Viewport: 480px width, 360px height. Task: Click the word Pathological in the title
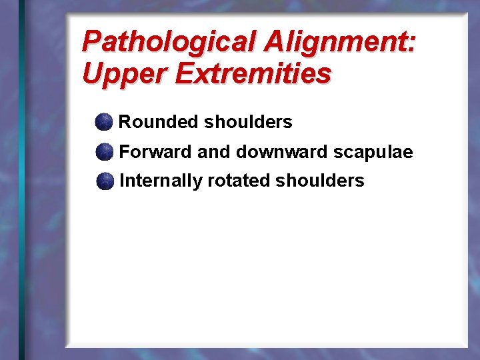[170, 42]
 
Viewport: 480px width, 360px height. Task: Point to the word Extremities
[253, 73]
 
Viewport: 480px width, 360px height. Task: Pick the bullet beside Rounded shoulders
[103, 122]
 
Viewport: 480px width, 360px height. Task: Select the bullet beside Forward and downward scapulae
[103, 152]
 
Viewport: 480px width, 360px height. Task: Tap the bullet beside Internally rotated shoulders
[103, 181]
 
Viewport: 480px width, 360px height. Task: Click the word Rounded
[159, 122]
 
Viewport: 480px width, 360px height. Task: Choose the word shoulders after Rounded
[248, 122]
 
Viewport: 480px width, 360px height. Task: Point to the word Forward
[155, 152]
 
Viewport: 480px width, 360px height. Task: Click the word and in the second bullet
[213, 152]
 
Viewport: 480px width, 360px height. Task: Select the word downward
[281, 152]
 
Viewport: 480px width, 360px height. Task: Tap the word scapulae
[373, 153]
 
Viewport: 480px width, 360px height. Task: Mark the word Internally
[161, 181]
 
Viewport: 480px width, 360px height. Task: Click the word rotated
[239, 181]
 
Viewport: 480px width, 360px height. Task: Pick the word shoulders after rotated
[320, 181]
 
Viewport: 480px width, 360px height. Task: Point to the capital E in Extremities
[182, 73]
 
